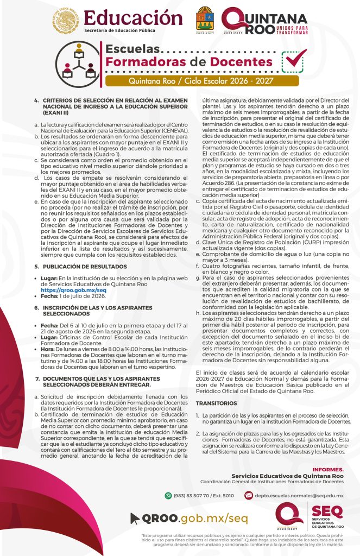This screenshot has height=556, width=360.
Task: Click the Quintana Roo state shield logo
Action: (x=204, y=20)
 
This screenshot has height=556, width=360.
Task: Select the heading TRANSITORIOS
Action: (x=216, y=403)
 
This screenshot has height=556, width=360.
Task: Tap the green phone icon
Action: (x=168, y=495)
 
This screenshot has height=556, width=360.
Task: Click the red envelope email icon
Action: (x=248, y=495)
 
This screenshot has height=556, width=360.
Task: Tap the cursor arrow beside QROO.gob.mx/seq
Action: (x=135, y=518)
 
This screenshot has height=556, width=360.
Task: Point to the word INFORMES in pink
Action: (x=328, y=469)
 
